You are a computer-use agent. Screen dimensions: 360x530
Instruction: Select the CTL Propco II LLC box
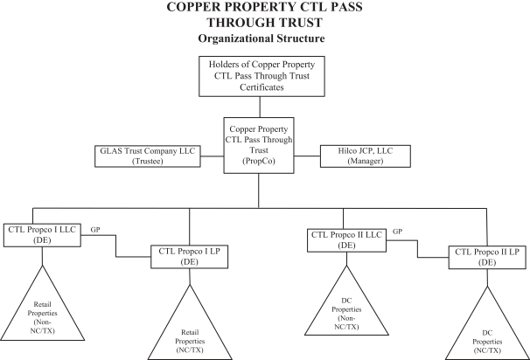click(346, 239)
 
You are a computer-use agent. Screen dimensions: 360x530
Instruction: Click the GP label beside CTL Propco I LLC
click(96, 227)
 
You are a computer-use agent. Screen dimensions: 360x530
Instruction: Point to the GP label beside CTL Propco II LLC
click(397, 232)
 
